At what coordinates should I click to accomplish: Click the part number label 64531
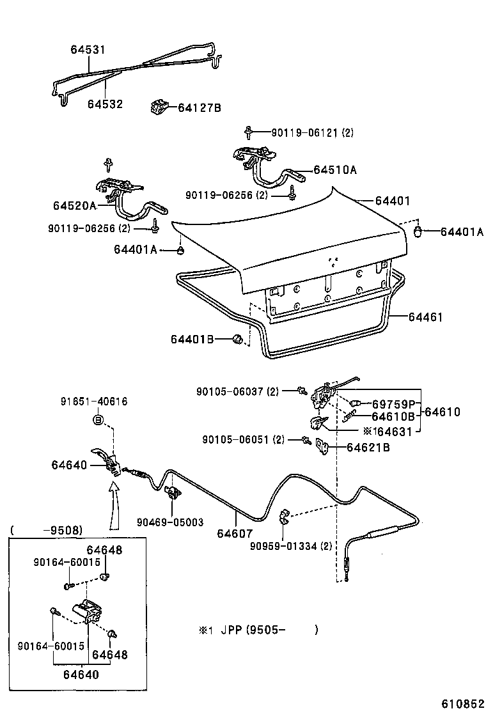88,49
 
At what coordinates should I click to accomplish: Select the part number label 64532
105,104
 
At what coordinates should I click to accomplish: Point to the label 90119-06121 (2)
312,133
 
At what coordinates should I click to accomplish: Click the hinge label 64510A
335,170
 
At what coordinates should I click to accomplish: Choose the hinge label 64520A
74,205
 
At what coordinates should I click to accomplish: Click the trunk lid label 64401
392,201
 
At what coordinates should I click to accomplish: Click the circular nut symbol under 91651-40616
98,420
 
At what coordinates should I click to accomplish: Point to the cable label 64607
235,533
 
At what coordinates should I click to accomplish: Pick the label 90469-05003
169,522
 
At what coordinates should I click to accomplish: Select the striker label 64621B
368,448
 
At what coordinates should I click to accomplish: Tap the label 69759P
394,404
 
